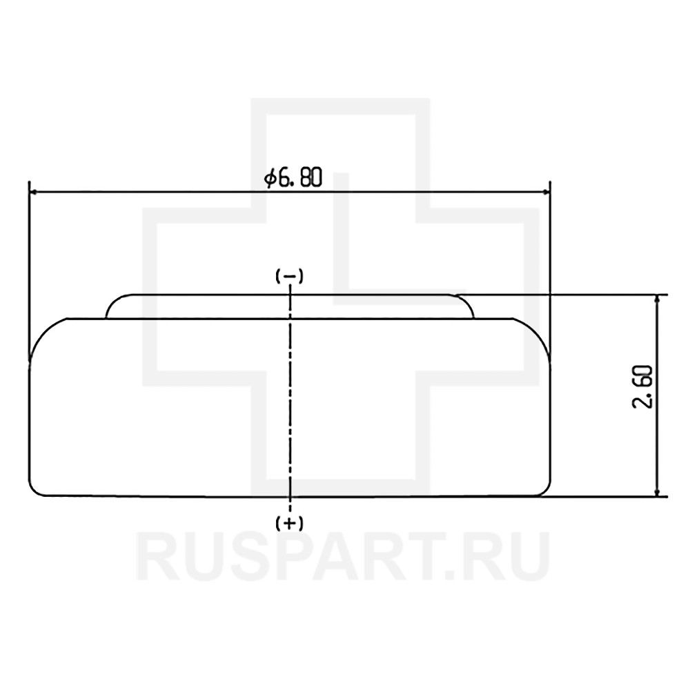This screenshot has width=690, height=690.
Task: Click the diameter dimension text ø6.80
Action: coord(293,178)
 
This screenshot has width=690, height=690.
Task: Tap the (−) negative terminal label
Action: coord(289,277)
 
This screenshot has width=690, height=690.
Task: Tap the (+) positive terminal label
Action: coord(289,523)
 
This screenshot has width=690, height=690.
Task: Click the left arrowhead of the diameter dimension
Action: coord(33,192)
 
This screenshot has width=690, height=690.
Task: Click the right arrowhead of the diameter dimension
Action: coord(546,192)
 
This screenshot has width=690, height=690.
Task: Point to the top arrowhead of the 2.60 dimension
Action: coord(658,299)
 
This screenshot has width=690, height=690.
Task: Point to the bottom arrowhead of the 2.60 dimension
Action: coord(658,491)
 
